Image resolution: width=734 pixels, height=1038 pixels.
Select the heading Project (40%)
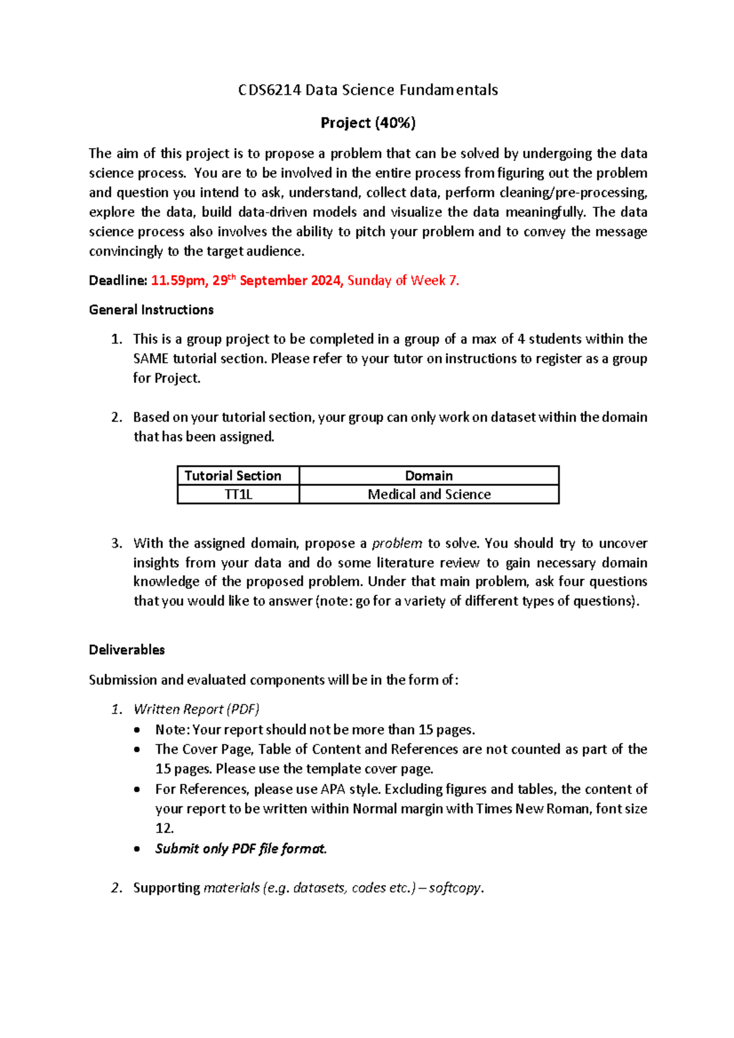[368, 123]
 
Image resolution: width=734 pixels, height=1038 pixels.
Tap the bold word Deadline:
[118, 281]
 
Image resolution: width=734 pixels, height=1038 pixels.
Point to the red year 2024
[327, 281]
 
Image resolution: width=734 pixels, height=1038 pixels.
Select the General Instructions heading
[151, 310]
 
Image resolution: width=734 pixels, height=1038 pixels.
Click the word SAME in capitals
[150, 359]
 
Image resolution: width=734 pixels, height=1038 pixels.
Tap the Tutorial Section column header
[233, 476]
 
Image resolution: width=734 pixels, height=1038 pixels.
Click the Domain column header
[429, 476]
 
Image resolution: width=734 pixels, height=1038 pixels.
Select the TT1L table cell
[238, 495]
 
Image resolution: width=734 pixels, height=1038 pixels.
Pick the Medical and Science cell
[429, 495]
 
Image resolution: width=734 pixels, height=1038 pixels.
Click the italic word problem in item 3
[397, 543]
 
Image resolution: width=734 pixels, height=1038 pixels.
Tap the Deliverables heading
[127, 650]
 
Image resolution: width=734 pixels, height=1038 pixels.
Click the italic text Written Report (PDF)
[196, 709]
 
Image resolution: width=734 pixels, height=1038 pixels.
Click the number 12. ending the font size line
[165, 828]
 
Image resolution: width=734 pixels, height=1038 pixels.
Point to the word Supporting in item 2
[166, 888]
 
